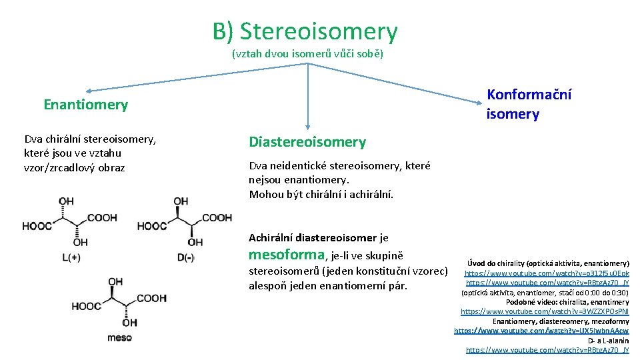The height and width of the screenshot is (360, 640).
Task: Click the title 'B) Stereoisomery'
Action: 305,31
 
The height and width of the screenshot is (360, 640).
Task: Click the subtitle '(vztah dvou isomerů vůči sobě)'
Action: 307,53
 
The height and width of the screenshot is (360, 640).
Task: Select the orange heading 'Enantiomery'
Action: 85,105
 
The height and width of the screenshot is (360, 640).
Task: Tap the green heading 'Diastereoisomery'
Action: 307,142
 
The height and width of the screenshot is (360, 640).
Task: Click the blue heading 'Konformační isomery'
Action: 529,105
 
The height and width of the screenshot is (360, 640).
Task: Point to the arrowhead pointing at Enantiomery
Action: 89,91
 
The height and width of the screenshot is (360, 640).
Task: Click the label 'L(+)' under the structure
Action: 71,257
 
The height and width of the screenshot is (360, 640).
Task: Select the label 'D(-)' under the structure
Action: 186,257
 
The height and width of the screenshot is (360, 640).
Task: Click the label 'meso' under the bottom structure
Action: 120,338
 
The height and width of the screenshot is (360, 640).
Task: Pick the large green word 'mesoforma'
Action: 287,255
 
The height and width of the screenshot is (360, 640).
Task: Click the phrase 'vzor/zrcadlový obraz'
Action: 74,167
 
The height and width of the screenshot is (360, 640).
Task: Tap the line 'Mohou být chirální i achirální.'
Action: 321,195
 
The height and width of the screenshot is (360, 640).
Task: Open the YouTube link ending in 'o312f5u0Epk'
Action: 547,273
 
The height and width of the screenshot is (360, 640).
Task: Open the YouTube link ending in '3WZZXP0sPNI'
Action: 545,311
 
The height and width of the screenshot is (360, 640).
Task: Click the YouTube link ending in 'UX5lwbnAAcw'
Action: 541,331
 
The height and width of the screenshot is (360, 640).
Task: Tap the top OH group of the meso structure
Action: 116,282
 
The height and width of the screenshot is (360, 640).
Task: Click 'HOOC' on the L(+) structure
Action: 37,226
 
